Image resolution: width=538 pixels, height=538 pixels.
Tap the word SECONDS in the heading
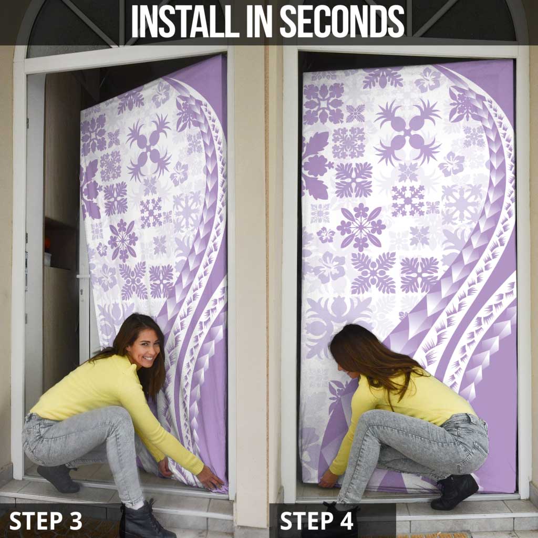[342, 21]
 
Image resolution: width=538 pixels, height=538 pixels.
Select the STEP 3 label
[46, 521]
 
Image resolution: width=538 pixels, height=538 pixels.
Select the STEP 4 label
[317, 521]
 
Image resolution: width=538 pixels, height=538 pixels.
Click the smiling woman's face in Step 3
[142, 347]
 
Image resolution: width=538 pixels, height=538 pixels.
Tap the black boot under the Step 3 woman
[141, 520]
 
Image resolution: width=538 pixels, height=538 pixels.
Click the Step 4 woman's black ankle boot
[454, 491]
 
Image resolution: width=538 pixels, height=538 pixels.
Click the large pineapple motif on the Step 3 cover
[149, 144]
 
